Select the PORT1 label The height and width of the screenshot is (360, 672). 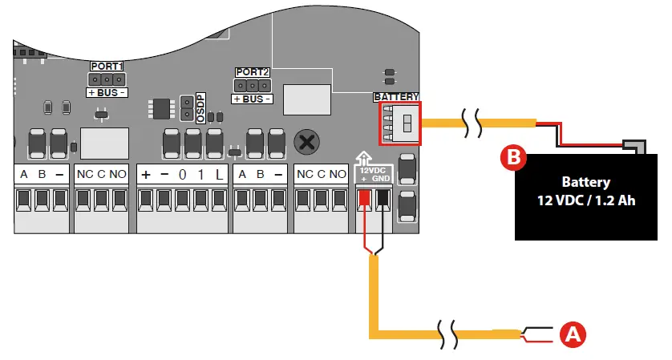click(x=106, y=67)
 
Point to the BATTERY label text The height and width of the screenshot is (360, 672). click(x=396, y=97)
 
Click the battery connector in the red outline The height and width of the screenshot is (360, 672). click(x=401, y=123)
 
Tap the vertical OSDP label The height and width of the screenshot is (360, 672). click(x=200, y=107)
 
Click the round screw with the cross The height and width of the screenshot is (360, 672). click(x=306, y=142)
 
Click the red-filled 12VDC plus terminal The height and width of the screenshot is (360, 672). click(x=364, y=198)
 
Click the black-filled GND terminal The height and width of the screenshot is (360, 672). click(x=384, y=198)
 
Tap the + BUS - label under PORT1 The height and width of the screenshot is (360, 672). click(x=106, y=93)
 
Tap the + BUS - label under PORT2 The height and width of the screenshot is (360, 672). click(x=252, y=98)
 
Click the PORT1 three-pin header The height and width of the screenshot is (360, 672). click(x=106, y=79)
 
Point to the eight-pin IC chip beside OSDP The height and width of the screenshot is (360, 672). click(x=160, y=108)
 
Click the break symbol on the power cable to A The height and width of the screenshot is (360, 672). click(x=450, y=332)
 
